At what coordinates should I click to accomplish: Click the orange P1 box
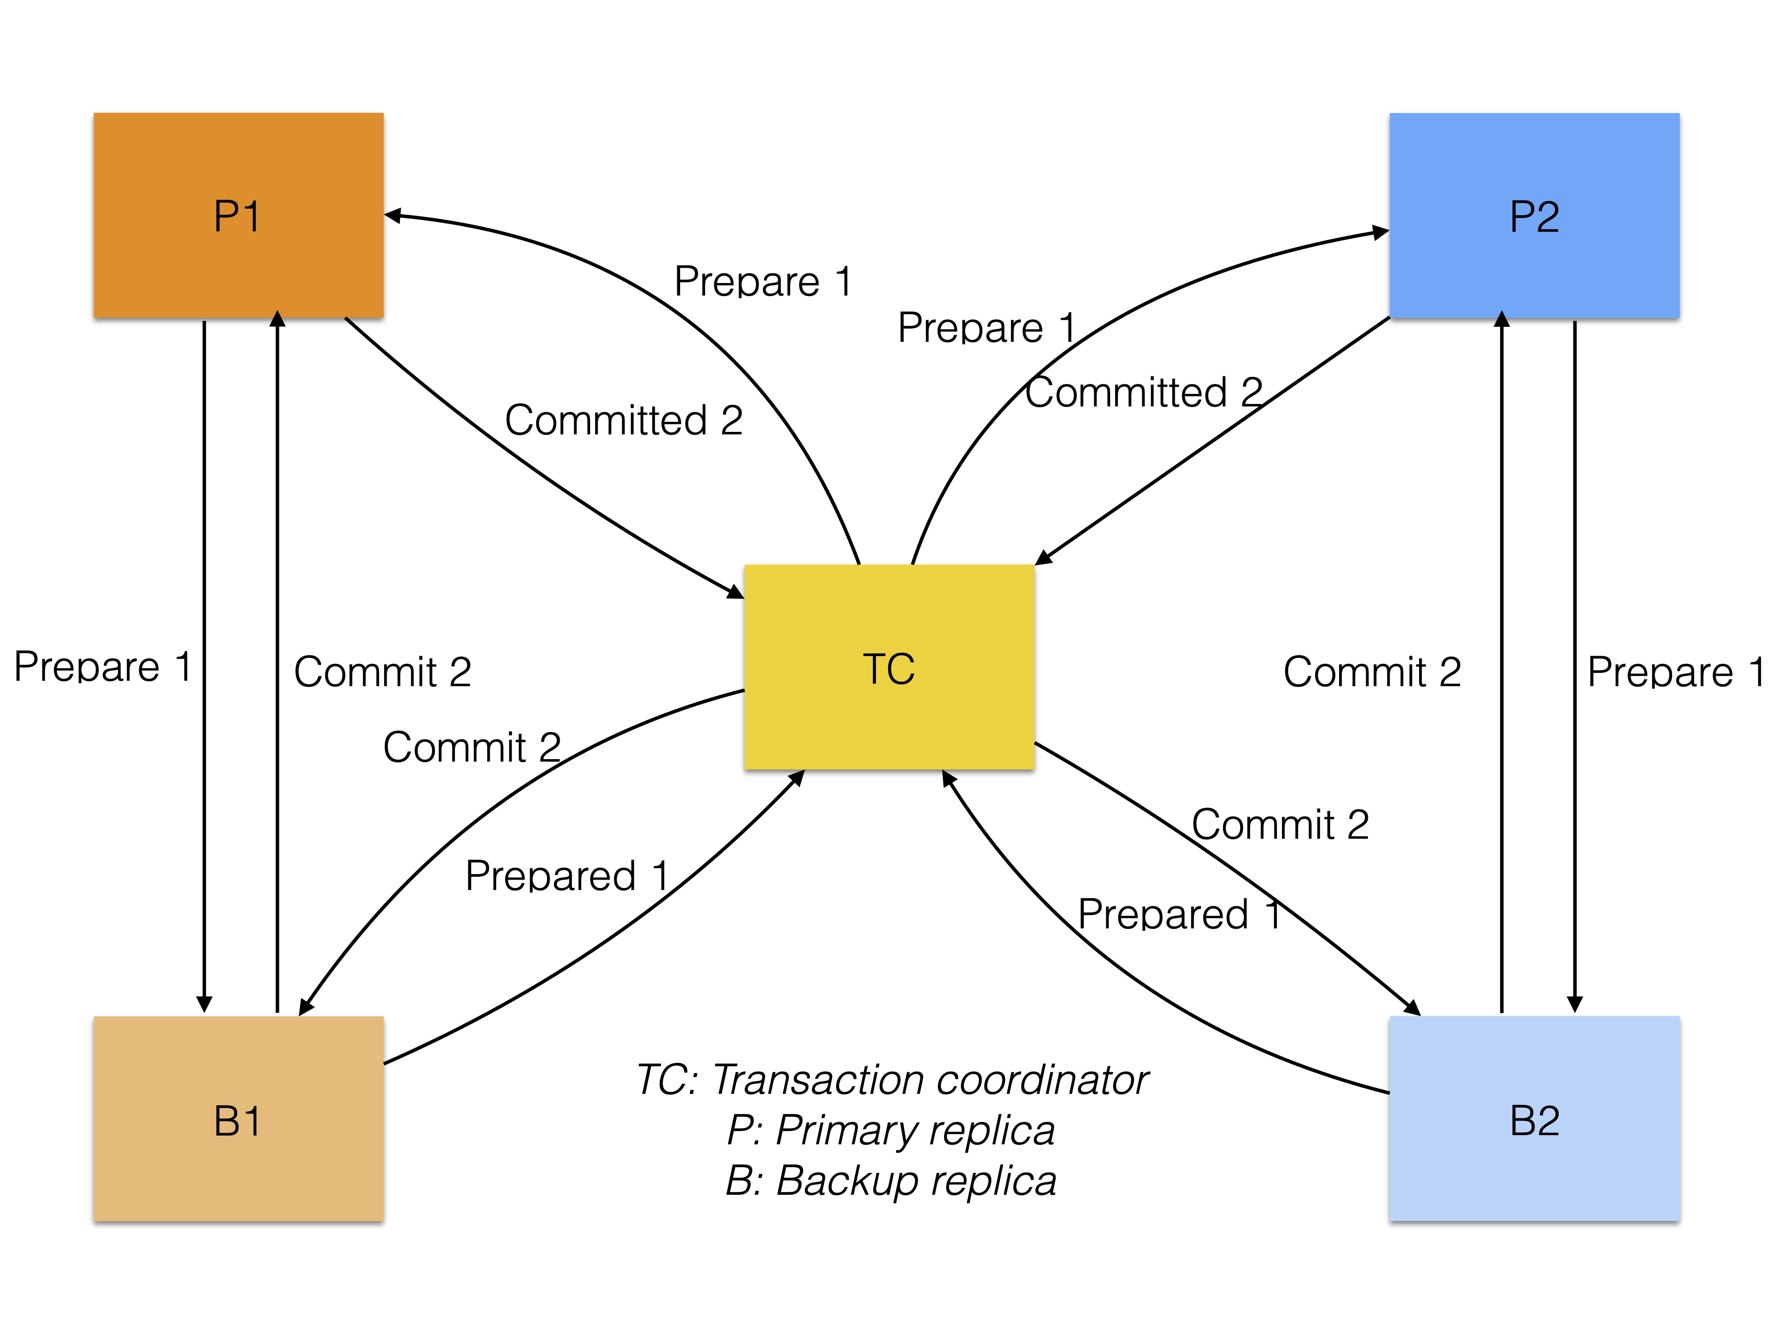(x=238, y=216)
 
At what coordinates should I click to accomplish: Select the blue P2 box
(x=1534, y=216)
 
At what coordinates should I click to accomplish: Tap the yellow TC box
(x=889, y=667)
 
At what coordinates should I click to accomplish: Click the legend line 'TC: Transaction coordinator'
(x=891, y=1079)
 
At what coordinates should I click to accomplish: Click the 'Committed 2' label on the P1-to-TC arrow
(x=623, y=420)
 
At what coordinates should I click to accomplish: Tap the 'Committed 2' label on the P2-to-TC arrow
(x=1143, y=392)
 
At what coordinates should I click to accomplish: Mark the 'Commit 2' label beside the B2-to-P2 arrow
(x=1371, y=672)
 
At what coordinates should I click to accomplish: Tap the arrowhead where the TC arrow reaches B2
(x=1412, y=1008)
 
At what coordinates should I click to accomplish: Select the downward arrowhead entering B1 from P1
(x=204, y=1004)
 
